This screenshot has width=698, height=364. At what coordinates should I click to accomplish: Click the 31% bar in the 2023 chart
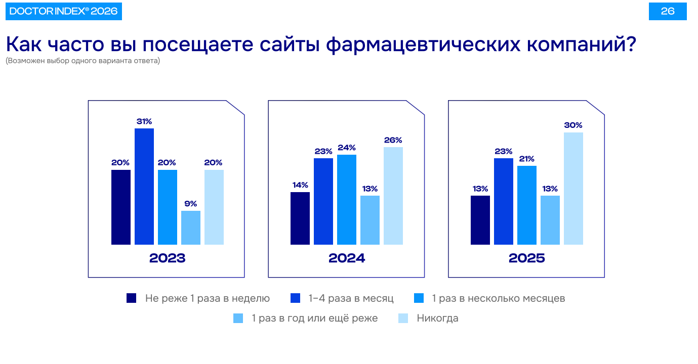pyautogui.click(x=144, y=187)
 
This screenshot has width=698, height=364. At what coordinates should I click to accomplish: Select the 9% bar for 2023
pyautogui.click(x=191, y=227)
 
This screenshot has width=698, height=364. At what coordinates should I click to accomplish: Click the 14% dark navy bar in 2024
pyautogui.click(x=300, y=218)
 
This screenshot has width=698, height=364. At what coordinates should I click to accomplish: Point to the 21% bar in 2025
pyautogui.click(x=527, y=205)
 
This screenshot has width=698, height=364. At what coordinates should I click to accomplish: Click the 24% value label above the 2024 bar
pyautogui.click(x=347, y=148)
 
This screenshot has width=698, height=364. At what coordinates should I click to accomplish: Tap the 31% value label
pyautogui.click(x=144, y=121)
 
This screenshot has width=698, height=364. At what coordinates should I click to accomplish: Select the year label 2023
pyautogui.click(x=168, y=258)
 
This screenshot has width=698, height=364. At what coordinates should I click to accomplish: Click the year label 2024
pyautogui.click(x=347, y=258)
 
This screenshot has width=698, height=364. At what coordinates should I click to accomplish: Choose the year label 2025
pyautogui.click(x=527, y=258)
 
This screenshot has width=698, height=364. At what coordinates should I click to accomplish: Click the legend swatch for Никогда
pyautogui.click(x=403, y=318)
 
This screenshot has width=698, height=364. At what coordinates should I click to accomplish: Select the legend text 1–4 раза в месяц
pyautogui.click(x=351, y=298)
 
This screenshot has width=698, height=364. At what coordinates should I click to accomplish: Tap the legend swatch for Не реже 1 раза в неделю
pyautogui.click(x=132, y=298)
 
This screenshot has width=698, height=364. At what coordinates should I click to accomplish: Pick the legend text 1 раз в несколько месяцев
pyautogui.click(x=498, y=298)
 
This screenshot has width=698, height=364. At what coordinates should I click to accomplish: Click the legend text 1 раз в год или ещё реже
pyautogui.click(x=314, y=318)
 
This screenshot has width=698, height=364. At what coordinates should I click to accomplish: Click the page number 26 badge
pyautogui.click(x=668, y=11)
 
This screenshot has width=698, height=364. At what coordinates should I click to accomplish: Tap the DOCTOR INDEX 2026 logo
pyautogui.click(x=64, y=11)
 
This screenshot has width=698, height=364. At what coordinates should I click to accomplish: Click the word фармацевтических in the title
pyautogui.click(x=423, y=44)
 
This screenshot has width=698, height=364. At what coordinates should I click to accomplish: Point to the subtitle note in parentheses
pyautogui.click(x=83, y=61)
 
